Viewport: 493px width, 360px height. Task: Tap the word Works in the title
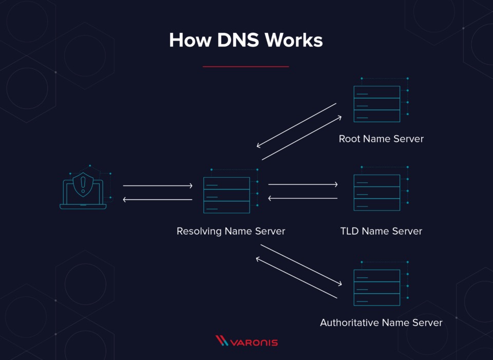(294, 40)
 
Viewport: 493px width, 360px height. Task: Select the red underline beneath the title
(246, 67)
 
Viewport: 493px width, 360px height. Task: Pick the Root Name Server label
(381, 139)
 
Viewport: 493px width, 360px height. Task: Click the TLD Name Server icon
(381, 188)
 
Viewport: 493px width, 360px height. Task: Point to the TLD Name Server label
(381, 231)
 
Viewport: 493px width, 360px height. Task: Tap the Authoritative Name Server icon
(381, 283)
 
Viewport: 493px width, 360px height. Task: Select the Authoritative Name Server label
(381, 323)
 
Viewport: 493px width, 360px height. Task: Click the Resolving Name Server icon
(231, 191)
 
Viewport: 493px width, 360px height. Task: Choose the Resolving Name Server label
(231, 231)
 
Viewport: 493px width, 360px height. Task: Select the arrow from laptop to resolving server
(158, 186)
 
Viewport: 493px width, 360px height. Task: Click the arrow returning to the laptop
(158, 199)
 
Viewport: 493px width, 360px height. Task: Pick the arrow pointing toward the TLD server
(303, 184)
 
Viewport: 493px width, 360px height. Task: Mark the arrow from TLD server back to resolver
(303, 198)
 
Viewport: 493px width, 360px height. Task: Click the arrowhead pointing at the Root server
(339, 118)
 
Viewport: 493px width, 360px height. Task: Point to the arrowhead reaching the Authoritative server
(339, 284)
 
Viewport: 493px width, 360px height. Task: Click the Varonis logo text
(254, 343)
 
